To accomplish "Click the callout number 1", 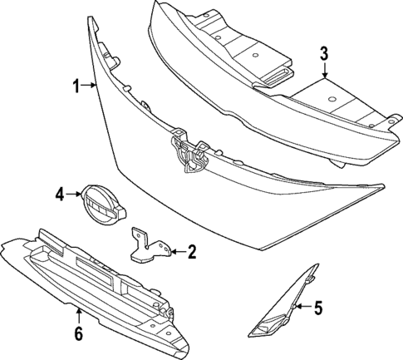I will point(75,86).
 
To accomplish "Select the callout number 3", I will point(325,54).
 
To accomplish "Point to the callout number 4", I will point(59,195).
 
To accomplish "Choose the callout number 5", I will point(317,308).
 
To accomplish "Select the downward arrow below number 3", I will point(325,72).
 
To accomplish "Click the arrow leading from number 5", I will point(301,308).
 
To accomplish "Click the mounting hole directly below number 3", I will point(330,100).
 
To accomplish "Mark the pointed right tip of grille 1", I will point(382,187).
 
